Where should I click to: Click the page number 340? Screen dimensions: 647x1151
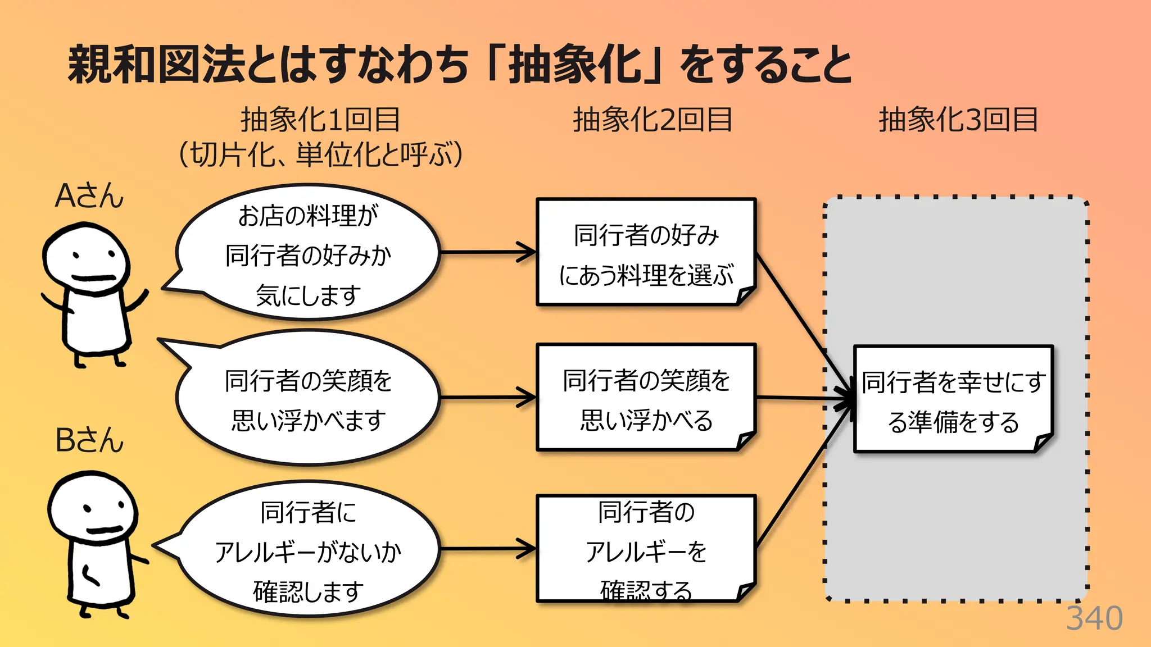[1094, 619]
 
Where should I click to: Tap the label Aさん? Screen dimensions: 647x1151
[89, 197]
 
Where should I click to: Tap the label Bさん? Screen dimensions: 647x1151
[89, 440]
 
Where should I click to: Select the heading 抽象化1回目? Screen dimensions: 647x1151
[320, 120]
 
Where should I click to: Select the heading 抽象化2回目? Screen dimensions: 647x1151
[652, 120]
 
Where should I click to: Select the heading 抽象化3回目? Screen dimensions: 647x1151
[958, 120]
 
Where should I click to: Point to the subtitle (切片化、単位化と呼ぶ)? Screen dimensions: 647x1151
[320, 154]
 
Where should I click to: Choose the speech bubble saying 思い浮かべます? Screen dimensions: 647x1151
[308, 400]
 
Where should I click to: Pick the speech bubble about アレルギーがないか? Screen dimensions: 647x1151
[308, 550]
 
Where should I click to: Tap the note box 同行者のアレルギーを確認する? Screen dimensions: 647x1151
[646, 549]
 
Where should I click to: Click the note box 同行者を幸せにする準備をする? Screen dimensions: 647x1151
[953, 400]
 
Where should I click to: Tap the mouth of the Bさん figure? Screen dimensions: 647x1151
[104, 530]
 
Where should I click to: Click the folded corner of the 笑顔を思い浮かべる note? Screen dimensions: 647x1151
[745, 441]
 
